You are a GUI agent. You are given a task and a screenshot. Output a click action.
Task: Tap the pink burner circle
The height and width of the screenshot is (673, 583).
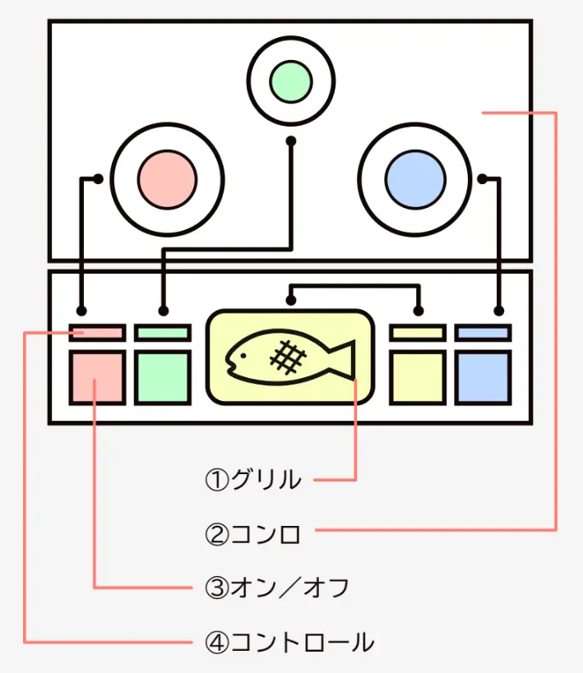click(168, 178)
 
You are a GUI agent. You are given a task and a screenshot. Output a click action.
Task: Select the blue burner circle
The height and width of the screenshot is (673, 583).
click(415, 178)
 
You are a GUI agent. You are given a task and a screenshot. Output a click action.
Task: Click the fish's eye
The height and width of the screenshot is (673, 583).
click(241, 356)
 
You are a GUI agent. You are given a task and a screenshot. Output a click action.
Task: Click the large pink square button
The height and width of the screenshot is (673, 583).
click(97, 378)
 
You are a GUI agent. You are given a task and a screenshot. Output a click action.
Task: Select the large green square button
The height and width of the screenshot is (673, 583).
click(163, 378)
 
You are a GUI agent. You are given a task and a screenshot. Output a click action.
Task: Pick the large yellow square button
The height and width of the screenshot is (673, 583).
click(418, 378)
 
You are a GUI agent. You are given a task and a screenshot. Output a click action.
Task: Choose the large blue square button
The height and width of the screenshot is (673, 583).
click(484, 378)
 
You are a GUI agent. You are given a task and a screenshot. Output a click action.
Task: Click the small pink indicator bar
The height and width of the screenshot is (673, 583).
click(97, 333)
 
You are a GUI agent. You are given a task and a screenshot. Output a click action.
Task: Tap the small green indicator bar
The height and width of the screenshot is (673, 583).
click(163, 333)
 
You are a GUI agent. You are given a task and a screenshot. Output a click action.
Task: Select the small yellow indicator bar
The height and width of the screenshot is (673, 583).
click(418, 333)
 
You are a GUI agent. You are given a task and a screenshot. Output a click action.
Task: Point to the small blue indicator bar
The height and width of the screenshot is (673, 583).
click(484, 333)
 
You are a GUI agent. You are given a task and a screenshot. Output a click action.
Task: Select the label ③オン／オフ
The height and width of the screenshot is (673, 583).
click(276, 588)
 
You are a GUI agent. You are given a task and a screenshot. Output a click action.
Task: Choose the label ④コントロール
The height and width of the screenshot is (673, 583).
click(289, 642)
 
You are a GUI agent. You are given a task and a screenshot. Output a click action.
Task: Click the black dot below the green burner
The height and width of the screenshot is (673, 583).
click(291, 141)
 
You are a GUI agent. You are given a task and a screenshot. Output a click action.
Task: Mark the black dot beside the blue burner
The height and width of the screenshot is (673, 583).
click(481, 177)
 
